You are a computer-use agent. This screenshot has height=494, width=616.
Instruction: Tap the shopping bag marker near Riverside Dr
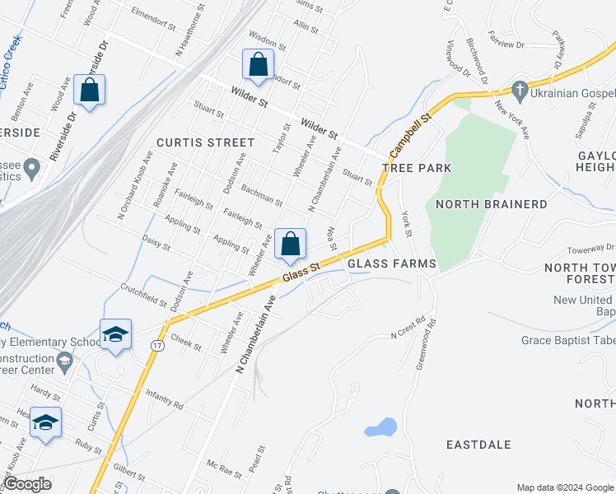[90, 90]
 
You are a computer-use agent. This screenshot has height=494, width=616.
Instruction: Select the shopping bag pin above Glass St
[290, 244]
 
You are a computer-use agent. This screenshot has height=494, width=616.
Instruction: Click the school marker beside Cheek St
[115, 334]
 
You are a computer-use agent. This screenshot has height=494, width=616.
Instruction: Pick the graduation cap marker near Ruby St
[46, 423]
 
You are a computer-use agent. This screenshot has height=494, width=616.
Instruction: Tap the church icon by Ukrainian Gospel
[520, 88]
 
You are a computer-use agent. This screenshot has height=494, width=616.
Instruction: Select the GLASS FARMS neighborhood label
[391, 263]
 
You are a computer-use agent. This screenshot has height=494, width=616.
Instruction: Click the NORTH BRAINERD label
[491, 204]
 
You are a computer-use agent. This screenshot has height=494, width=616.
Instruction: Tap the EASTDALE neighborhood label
[478, 445]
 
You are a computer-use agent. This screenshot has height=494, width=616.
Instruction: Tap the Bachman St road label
[262, 195]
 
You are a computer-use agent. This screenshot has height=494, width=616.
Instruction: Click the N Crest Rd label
[413, 329]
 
